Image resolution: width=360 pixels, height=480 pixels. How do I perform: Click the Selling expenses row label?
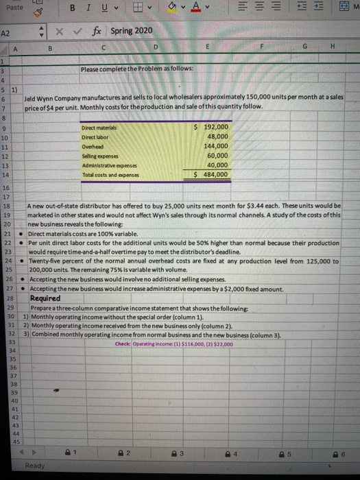[100, 156]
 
